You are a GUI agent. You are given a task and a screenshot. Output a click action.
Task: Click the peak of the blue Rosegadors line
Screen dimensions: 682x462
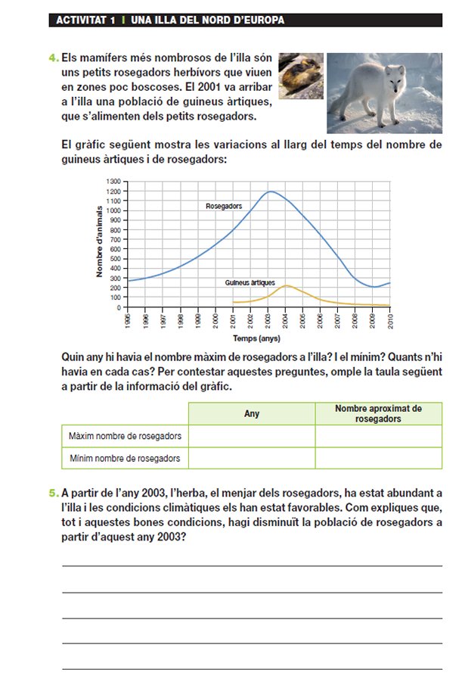click(270, 192)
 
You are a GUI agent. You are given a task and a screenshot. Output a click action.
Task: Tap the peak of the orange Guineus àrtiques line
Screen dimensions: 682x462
click(287, 285)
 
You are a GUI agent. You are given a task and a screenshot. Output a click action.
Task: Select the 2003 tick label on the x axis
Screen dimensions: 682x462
click(268, 320)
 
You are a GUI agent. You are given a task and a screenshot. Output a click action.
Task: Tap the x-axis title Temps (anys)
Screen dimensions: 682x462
click(256, 338)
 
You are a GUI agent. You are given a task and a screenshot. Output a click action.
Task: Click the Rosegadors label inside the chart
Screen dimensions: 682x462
click(224, 206)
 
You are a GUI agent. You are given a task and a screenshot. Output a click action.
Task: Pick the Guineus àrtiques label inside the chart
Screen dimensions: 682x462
click(250, 282)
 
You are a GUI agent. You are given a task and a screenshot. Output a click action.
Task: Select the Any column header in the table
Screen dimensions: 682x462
click(252, 414)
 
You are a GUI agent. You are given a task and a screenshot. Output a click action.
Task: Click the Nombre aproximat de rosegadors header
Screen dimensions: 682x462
click(378, 413)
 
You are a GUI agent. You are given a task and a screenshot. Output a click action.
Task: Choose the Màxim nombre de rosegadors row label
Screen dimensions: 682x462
click(125, 436)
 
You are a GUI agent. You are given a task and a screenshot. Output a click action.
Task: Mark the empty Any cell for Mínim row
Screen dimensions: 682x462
click(252, 458)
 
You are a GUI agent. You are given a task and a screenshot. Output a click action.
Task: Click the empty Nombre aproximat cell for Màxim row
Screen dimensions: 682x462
click(378, 436)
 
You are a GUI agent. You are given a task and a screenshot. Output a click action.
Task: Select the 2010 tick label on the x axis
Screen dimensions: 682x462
click(391, 320)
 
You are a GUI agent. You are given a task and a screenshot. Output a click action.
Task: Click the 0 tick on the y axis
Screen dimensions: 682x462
click(119, 307)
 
